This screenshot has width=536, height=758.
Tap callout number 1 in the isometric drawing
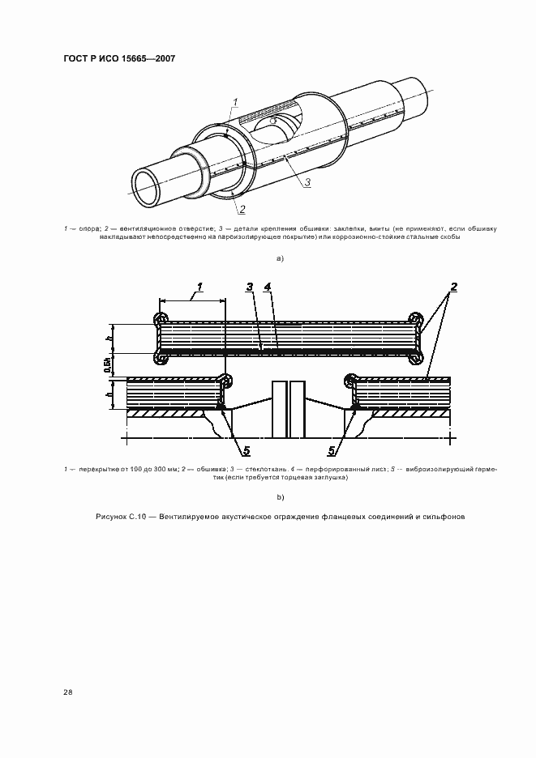[x=234, y=101]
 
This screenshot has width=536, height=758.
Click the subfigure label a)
[x=280, y=258]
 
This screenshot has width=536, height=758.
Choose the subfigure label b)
[x=280, y=496]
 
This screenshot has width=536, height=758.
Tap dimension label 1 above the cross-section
[x=198, y=287]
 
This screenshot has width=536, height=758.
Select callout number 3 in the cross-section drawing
[x=251, y=287]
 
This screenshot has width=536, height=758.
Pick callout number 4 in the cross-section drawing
[x=268, y=287]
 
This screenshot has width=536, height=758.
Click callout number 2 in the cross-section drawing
[x=454, y=287]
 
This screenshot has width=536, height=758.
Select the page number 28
[x=68, y=692]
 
